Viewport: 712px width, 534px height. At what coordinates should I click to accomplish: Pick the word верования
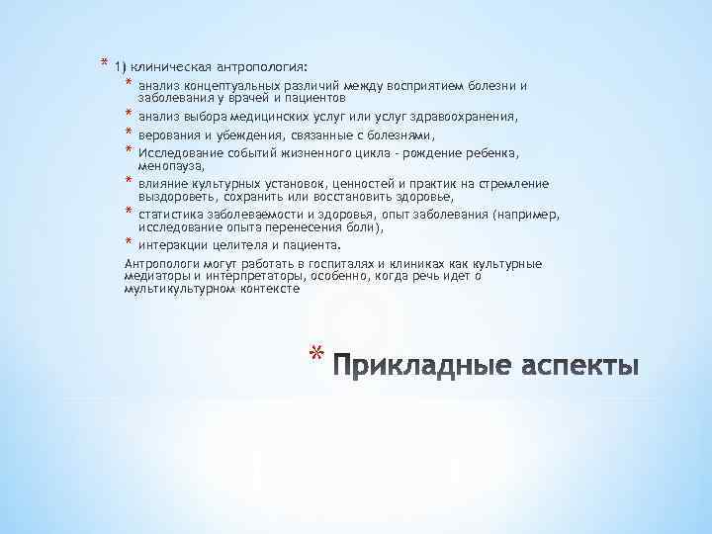point(167,135)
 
